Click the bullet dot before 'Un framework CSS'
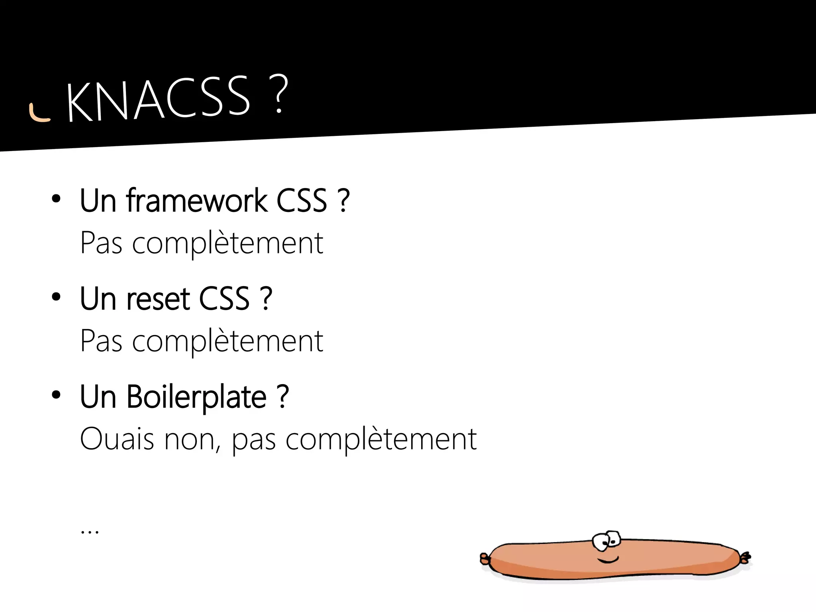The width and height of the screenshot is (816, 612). pos(56,198)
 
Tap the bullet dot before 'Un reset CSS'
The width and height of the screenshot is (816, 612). pos(56,297)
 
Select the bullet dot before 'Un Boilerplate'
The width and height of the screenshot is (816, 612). pos(56,395)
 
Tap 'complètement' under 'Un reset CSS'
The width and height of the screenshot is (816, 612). pos(228,341)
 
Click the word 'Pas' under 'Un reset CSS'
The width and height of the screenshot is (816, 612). pos(101,341)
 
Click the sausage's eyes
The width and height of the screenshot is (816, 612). pos(606,540)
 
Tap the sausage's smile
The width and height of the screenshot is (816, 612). pos(608,561)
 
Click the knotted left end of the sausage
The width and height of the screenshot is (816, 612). pos(485,559)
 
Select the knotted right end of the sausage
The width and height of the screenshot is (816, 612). pos(745,558)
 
